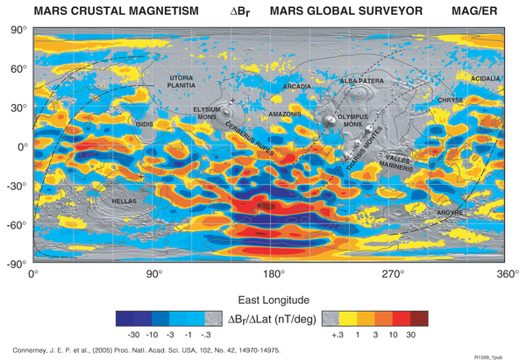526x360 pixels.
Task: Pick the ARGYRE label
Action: pyautogui.click(x=451, y=211)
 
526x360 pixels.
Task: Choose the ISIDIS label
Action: pyautogui.click(x=144, y=124)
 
